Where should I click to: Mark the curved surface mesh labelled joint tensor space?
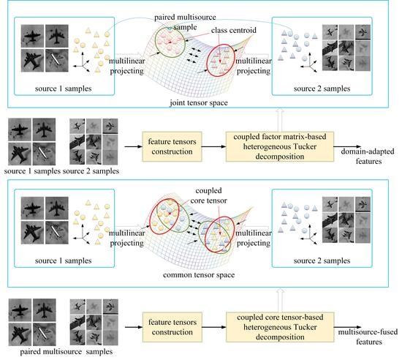pos(201,62)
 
